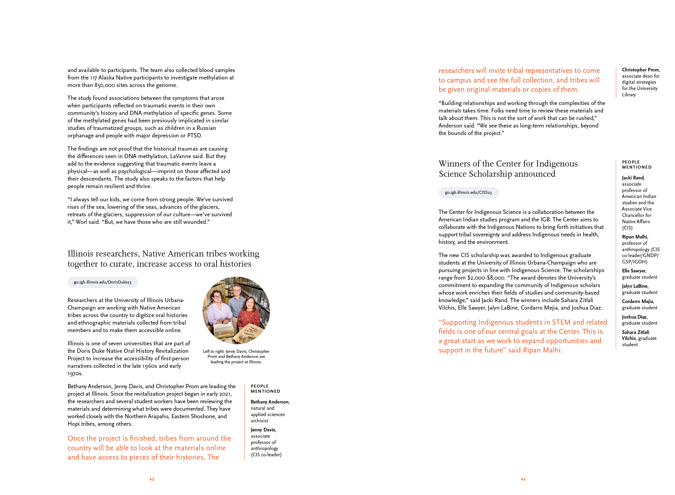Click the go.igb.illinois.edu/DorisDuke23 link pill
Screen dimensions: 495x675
click(103, 282)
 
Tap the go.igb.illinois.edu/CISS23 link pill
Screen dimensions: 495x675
click(468, 193)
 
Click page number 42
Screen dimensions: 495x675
click(152, 479)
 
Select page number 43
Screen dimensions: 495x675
click(523, 479)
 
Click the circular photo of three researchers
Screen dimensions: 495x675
click(236, 310)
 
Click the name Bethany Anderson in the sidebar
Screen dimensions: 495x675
click(270, 402)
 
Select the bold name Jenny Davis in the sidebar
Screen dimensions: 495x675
click(263, 430)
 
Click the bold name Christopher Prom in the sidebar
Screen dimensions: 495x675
click(640, 70)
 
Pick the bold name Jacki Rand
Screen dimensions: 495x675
click(633, 178)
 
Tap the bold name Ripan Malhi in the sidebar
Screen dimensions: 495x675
click(634, 237)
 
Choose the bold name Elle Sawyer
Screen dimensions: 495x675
click(634, 271)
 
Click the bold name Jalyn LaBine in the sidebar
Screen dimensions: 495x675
click(634, 286)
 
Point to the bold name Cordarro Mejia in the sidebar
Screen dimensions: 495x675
click(637, 301)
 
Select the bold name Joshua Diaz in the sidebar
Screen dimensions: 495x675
click(634, 317)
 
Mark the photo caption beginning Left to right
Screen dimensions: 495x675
click(236, 356)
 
